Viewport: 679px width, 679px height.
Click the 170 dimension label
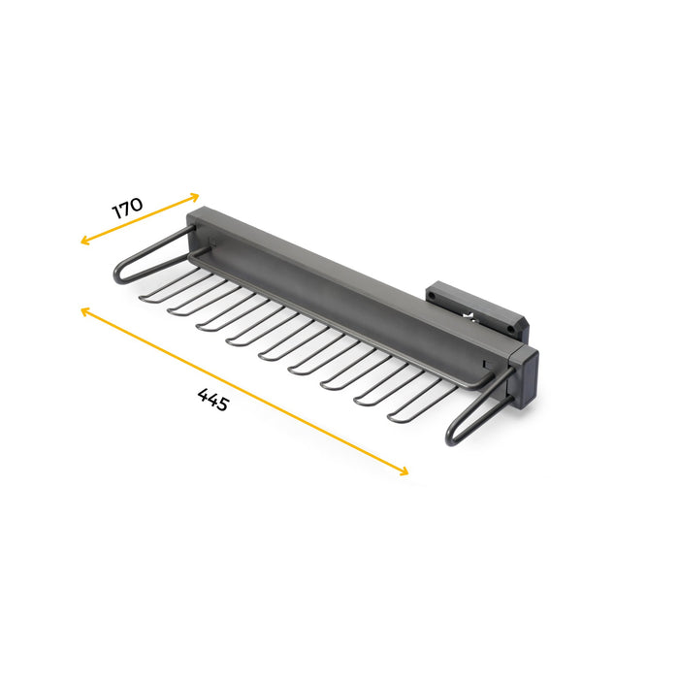[x=127, y=207]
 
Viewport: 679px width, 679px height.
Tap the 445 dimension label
[x=212, y=400]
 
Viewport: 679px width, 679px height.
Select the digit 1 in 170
[x=116, y=212]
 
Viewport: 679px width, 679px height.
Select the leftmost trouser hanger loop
[x=165, y=286]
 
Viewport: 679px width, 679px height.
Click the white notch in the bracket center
[x=472, y=313]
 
